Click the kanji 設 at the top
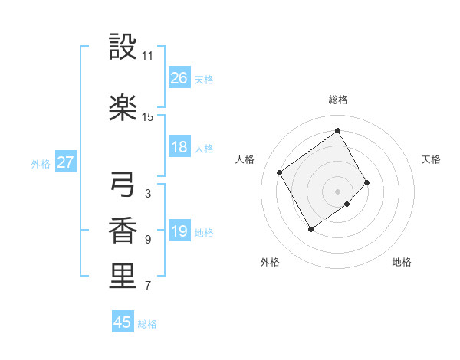pos(123,47)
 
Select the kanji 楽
pos(123,108)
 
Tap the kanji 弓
pos(123,185)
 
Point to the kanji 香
pos(123,231)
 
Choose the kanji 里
pos(123,277)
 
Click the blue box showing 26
pos(179,78)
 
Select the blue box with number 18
pos(179,148)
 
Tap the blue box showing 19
pos(179,232)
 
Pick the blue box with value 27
pos(65,162)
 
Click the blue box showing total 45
pos(123,322)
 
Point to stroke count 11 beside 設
pos(148,56)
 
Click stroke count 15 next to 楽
pos(148,117)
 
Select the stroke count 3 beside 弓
pos(148,194)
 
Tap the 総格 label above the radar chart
pos(338,100)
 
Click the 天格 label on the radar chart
pos(432,159)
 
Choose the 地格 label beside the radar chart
pos(402,262)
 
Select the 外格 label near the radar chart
pos(270,262)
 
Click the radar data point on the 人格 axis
pos(280,172)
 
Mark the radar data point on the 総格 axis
pos(337,130)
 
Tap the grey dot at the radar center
pos(337,190)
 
